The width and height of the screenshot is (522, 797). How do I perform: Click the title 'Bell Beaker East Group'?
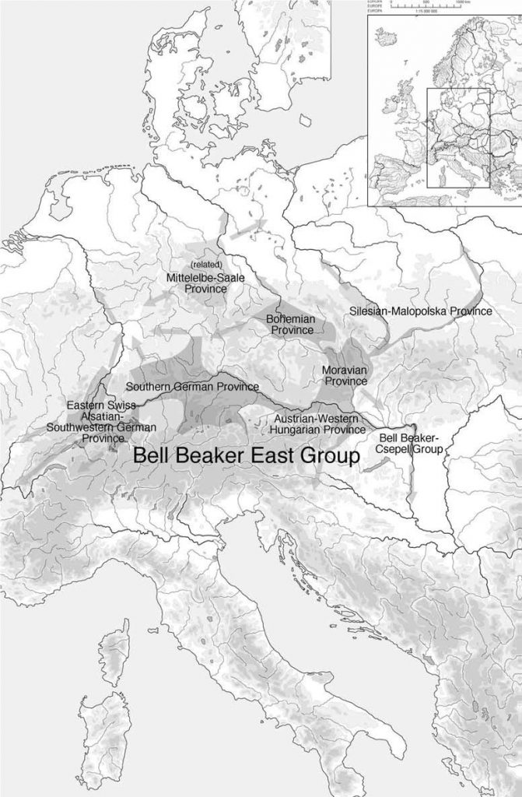(246, 456)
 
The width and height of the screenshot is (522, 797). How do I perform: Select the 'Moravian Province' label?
(345, 375)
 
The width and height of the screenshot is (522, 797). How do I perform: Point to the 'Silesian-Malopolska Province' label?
(421, 311)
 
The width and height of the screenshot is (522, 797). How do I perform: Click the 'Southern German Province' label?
(192, 387)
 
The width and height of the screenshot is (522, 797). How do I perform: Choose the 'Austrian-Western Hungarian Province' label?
(318, 423)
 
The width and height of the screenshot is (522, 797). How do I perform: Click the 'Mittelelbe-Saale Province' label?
(196, 283)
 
